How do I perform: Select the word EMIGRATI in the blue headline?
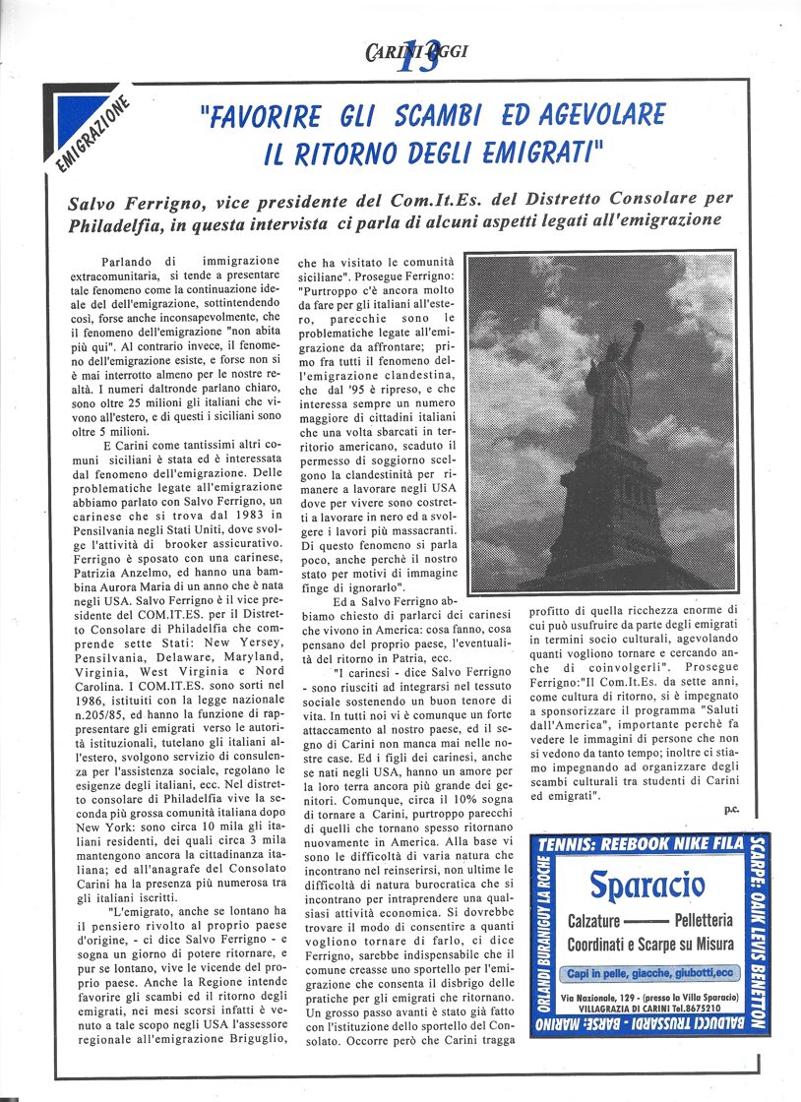tap(532, 153)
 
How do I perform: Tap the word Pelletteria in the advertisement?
tap(704, 922)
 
